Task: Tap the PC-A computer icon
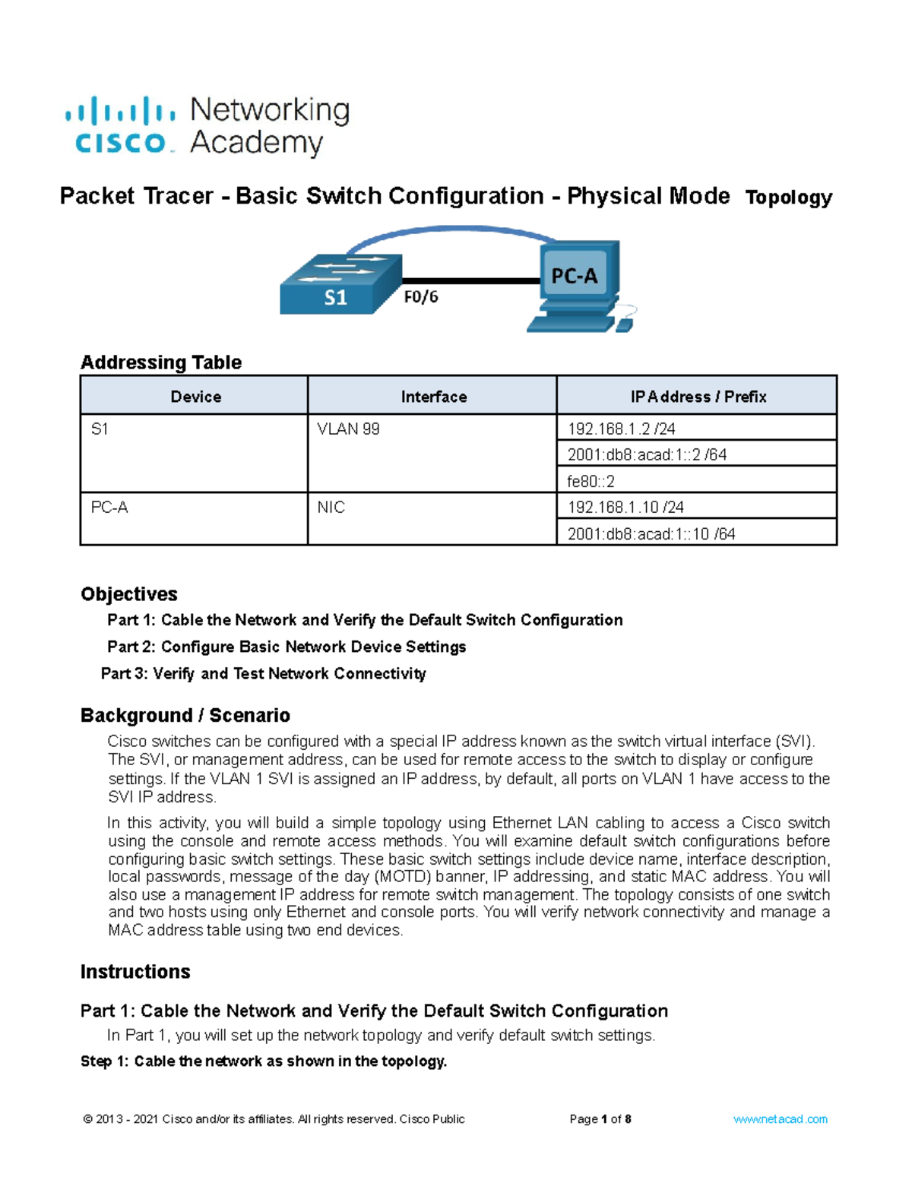[579, 286]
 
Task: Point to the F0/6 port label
[420, 297]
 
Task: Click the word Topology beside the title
[788, 198]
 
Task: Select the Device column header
[195, 397]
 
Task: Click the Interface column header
[433, 397]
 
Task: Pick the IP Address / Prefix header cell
[698, 397]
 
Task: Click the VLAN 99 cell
[348, 429]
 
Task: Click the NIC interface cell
[331, 507]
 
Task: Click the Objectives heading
[129, 594]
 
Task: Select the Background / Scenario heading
[185, 716]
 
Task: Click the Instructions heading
[135, 972]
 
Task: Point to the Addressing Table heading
[161, 362]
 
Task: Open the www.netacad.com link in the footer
[781, 1119]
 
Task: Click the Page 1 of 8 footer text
[600, 1119]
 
